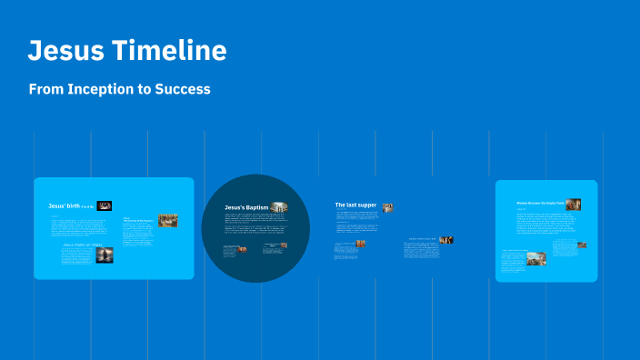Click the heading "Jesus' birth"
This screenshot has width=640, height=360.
click(x=65, y=206)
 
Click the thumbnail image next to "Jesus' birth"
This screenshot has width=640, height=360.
click(x=105, y=206)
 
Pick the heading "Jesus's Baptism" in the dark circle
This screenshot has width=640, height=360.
click(x=246, y=207)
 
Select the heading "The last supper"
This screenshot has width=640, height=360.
click(x=355, y=205)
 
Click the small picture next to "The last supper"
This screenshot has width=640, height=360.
click(x=388, y=207)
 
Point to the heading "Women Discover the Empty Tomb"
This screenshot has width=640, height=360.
click(x=540, y=204)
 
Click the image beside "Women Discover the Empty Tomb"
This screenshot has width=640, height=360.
click(x=573, y=205)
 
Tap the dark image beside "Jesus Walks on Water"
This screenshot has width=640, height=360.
click(x=105, y=255)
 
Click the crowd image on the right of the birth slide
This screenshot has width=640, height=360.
click(x=167, y=220)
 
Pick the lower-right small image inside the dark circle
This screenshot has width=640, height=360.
click(x=283, y=245)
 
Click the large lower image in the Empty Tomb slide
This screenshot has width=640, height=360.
click(x=536, y=258)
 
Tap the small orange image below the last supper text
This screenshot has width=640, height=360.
click(x=360, y=245)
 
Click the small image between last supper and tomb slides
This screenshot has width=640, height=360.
click(x=446, y=240)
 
